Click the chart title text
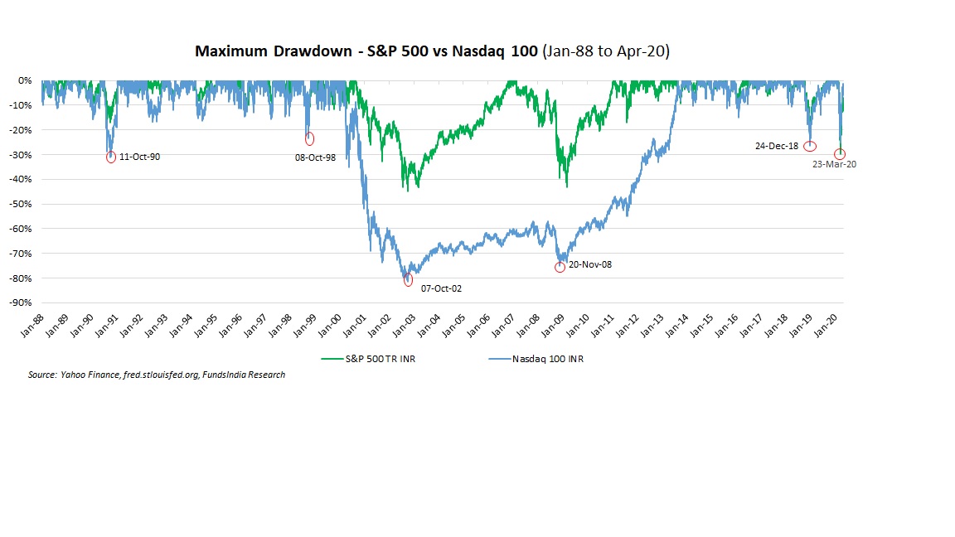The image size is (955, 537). pos(432,51)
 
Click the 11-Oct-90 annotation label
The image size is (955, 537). pos(140,157)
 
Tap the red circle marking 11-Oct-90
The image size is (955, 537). pos(111,157)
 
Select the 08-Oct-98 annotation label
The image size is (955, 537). pos(315,157)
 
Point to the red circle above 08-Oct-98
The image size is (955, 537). pos(309,138)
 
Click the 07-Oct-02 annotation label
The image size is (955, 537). pos(441,288)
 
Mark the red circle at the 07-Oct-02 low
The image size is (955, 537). pos(408,281)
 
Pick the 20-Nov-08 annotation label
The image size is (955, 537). pos(590,265)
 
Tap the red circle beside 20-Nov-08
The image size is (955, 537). pos(560,267)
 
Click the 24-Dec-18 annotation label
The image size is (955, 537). pos(777,146)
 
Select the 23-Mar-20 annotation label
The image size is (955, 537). pos(834,164)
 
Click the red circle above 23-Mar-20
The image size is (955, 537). pos(840,154)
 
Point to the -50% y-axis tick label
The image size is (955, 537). pos(21,204)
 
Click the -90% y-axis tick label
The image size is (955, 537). pos(21,302)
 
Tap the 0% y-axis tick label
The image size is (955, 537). pos(24,80)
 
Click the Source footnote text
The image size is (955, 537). pos(157,375)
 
